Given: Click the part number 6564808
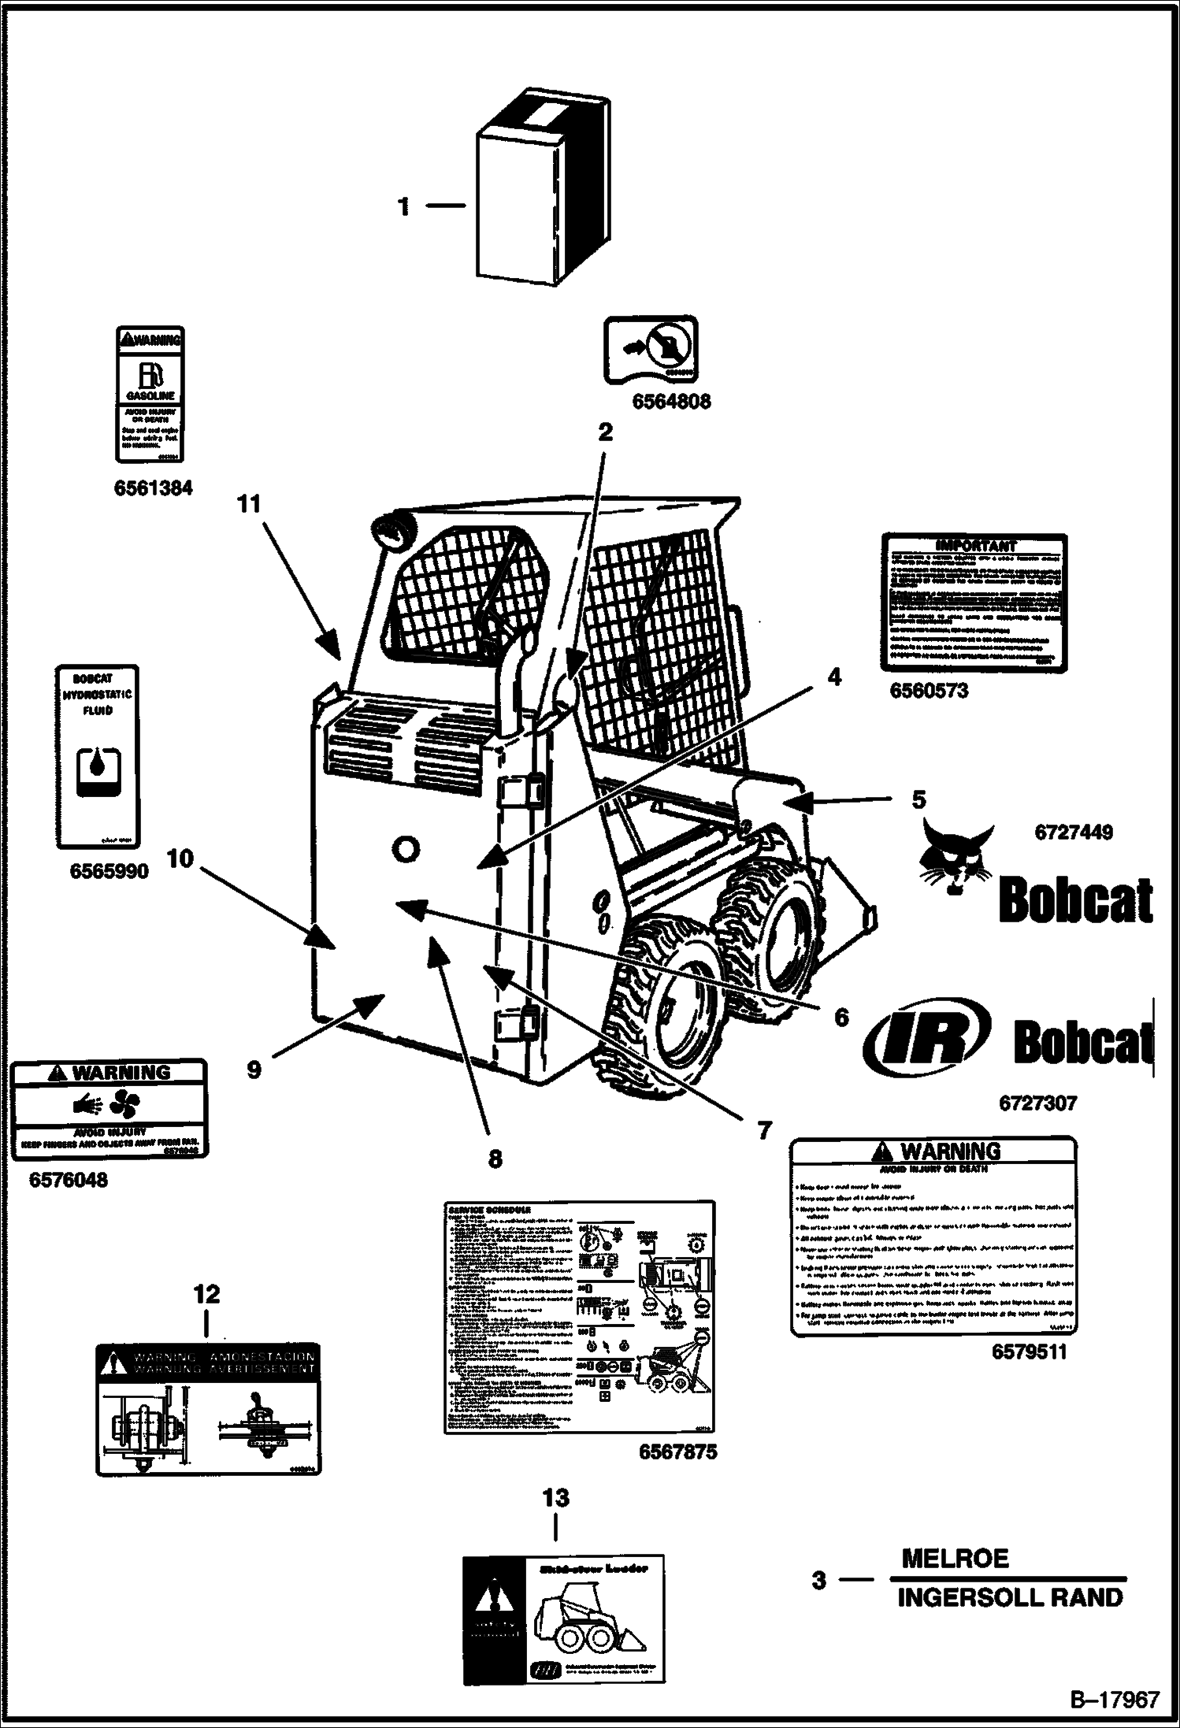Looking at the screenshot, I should tap(671, 402).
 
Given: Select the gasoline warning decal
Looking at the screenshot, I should tap(150, 394).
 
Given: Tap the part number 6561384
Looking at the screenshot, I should tap(153, 488).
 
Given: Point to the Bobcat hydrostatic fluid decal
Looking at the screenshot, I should tap(97, 757).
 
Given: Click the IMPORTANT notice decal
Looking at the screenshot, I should tap(974, 603).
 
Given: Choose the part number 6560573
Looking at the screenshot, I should tap(929, 691).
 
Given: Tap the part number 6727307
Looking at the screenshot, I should tap(1037, 1103).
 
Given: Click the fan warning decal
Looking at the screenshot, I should tap(109, 1109).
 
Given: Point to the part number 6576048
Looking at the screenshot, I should tap(69, 1180).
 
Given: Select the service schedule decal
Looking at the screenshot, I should tap(579, 1318).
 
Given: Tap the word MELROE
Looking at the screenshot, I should tap(955, 1558).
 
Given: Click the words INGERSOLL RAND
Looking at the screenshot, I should tap(1010, 1597).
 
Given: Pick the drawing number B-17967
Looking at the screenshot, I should tap(1114, 1699).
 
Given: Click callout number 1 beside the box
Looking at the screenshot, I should tap(404, 207).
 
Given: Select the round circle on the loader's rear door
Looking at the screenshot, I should tap(405, 849).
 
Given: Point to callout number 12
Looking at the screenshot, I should tap(207, 1294).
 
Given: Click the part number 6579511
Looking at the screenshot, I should tap(1029, 1352).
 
